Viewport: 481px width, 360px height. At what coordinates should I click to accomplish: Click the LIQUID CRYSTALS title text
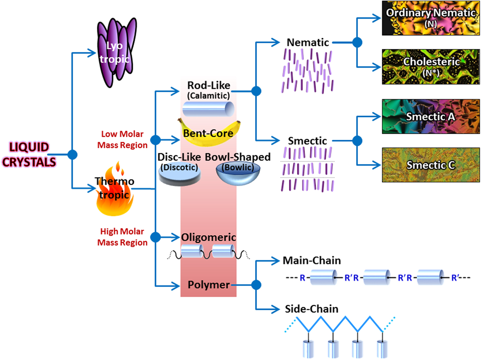coord(29,154)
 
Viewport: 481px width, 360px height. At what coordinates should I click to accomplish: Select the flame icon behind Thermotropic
coord(114,192)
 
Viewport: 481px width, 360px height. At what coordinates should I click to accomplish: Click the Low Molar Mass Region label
coord(122,140)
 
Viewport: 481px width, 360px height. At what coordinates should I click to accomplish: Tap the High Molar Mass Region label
coord(122,237)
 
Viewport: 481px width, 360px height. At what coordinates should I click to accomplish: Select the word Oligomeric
coord(209,237)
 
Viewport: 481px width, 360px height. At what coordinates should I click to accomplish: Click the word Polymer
coord(209,285)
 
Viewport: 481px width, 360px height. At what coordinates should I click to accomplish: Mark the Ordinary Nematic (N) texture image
coord(431,18)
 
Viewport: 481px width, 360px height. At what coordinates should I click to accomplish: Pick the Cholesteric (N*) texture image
coord(431,67)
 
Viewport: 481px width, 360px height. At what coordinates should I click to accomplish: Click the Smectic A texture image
coord(431,116)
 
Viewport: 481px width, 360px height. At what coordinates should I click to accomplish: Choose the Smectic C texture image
coord(431,165)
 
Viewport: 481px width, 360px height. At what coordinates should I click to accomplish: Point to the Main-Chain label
coord(312,260)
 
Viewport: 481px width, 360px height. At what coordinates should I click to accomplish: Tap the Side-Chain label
coord(312,309)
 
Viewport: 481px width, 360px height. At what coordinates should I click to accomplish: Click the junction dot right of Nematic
coord(357,42)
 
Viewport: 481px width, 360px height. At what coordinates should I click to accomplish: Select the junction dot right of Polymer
coord(256,285)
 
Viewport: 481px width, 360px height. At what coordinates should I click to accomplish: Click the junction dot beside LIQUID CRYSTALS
coord(72,154)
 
